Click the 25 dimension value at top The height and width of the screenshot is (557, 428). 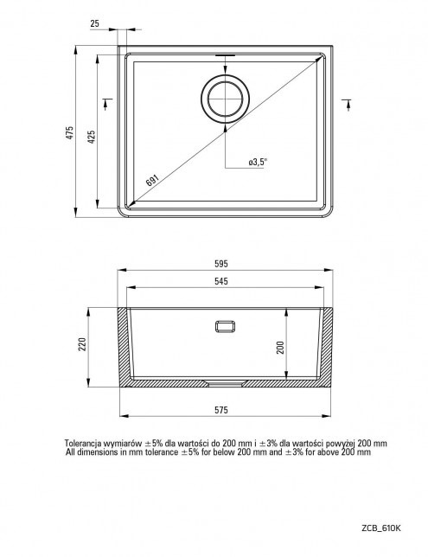(x=94, y=24)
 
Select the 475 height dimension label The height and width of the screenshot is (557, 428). (x=70, y=132)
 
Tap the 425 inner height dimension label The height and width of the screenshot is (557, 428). (x=92, y=137)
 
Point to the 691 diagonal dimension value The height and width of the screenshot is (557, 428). (x=153, y=180)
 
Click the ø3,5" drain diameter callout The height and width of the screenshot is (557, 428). (x=258, y=162)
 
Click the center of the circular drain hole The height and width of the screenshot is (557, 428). (x=225, y=99)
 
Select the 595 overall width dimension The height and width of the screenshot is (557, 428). (x=221, y=264)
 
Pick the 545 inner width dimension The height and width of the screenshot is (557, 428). (x=221, y=282)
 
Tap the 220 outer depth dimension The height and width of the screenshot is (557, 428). (x=82, y=344)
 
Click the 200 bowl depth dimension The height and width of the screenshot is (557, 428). (x=280, y=348)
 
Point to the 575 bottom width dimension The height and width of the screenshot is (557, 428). (x=221, y=410)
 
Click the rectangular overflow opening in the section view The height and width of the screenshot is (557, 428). (x=225, y=326)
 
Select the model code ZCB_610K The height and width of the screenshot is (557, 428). (x=381, y=528)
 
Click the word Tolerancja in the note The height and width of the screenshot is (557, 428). (x=82, y=444)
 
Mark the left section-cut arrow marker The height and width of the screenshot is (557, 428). (x=106, y=104)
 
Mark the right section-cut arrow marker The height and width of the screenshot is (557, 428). (x=347, y=105)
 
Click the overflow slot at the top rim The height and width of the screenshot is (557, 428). (x=225, y=55)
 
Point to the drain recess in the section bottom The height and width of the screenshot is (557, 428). (x=225, y=383)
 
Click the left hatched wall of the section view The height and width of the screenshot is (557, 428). (x=124, y=346)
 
